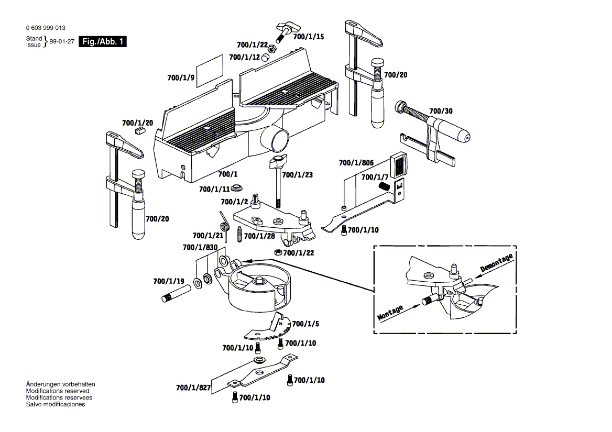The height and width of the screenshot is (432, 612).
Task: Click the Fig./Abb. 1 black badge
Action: (x=102, y=42)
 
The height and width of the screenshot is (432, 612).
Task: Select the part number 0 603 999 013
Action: (x=46, y=28)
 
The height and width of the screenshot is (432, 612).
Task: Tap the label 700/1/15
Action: (x=308, y=37)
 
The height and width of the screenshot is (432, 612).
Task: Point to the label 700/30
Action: (x=441, y=111)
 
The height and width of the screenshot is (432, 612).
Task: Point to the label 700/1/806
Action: (x=356, y=162)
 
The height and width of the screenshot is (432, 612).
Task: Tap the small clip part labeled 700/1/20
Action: (x=140, y=129)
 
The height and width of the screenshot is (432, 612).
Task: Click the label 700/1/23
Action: (x=297, y=175)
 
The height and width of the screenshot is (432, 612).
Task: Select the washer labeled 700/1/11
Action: (x=238, y=188)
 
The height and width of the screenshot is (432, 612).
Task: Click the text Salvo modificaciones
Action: (x=56, y=404)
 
